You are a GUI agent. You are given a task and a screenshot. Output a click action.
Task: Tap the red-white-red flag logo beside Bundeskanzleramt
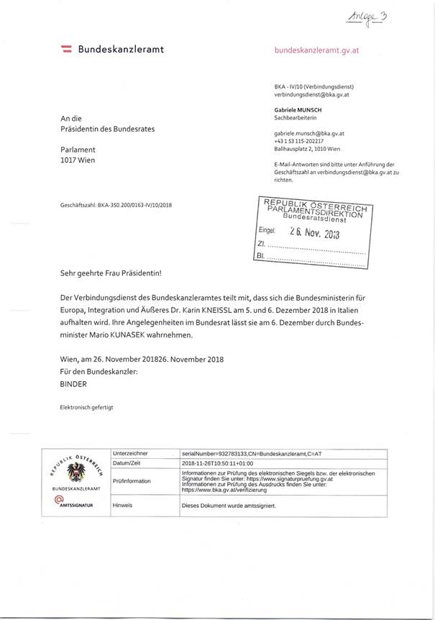point(65,49)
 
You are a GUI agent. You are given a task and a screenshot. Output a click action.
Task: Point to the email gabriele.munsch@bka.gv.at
point(309,134)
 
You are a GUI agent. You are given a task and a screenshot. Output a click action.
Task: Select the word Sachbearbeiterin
point(297,117)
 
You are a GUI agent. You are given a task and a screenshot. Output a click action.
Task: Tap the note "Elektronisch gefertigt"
point(86,407)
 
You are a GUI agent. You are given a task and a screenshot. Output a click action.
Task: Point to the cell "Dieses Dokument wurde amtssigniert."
point(229,506)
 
